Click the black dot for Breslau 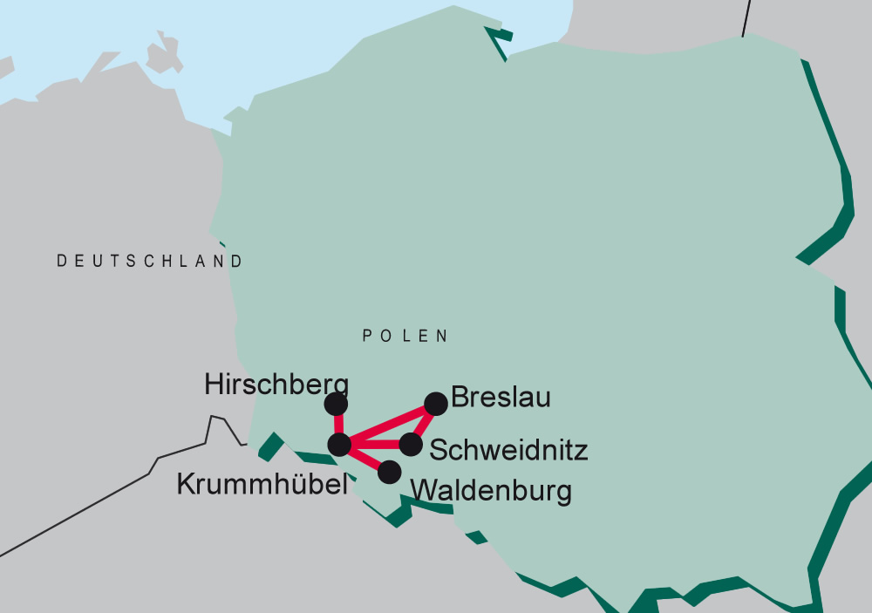click(435, 403)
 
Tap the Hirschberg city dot click(336, 404)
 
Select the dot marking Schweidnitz click(411, 444)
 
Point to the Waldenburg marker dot click(389, 472)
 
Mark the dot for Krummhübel click(339, 444)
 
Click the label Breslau click(501, 398)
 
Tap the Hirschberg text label click(276, 385)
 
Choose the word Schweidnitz click(508, 450)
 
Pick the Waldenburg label click(491, 490)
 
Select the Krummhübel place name click(262, 485)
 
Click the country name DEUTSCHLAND click(150, 261)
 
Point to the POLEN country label click(405, 336)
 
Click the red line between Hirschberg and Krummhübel click(337, 424)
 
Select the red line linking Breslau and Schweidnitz click(424, 423)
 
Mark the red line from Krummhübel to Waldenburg click(364, 458)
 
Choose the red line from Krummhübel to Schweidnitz click(375, 445)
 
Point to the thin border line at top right click(746, 17)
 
